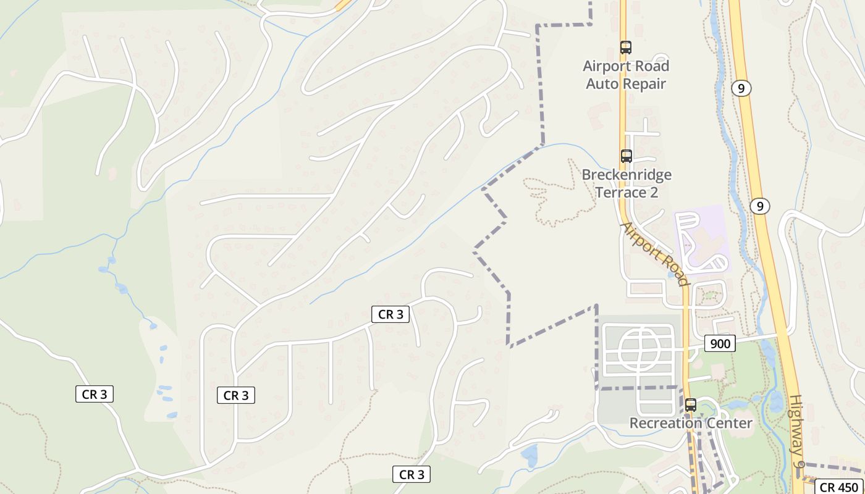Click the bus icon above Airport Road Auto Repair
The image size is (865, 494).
(626, 47)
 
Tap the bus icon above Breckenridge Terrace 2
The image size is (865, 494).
(627, 156)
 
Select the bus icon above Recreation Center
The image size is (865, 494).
(691, 406)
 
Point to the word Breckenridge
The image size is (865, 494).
(627, 175)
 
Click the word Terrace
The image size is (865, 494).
(620, 193)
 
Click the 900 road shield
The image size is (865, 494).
(720, 343)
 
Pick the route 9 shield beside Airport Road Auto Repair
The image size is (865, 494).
(741, 88)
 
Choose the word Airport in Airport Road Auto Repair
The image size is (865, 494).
(608, 66)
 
